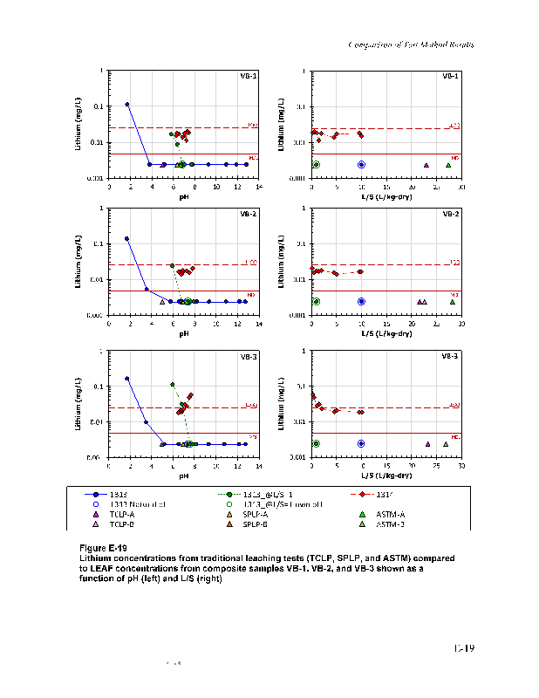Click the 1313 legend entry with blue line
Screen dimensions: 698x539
[x=113, y=494]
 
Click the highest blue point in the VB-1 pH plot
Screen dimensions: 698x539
[x=127, y=105]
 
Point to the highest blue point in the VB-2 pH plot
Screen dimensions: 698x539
[x=127, y=238]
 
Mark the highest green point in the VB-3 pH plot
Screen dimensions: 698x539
[x=172, y=384]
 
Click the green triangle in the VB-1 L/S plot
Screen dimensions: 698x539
[x=448, y=165]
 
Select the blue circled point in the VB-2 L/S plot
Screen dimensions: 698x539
[x=361, y=301]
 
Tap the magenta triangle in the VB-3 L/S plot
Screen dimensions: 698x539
[x=427, y=443]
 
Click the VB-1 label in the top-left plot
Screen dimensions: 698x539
[x=249, y=76]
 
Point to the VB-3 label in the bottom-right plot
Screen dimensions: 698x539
[x=450, y=356]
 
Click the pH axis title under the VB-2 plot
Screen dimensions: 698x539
[x=184, y=332]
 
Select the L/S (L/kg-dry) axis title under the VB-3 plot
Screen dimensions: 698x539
[x=385, y=476]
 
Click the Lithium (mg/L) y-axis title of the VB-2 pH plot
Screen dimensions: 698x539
[x=79, y=262]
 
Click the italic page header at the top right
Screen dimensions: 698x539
[x=412, y=44]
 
